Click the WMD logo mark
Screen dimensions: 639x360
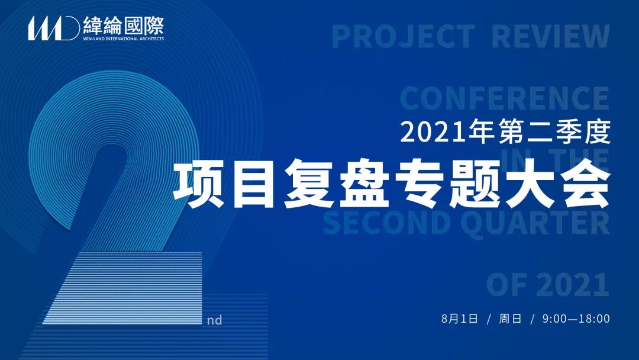[x=54, y=28]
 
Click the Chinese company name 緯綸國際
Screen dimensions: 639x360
[x=124, y=25]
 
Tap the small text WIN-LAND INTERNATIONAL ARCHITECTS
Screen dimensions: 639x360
[x=124, y=38]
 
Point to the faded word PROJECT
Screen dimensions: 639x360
[x=404, y=36]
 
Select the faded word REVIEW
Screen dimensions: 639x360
[x=551, y=36]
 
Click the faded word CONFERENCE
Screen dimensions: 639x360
[x=505, y=98]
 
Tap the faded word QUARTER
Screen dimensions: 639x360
[x=535, y=223]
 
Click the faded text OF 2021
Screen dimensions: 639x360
[x=548, y=285]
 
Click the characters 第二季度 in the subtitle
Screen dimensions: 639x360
[x=554, y=133]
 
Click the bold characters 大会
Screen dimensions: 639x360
[x=558, y=185]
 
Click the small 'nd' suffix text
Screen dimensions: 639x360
[x=214, y=320]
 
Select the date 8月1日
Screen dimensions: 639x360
[x=459, y=319]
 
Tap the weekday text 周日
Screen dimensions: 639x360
[x=510, y=319]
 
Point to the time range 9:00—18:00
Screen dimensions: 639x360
[x=576, y=319]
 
